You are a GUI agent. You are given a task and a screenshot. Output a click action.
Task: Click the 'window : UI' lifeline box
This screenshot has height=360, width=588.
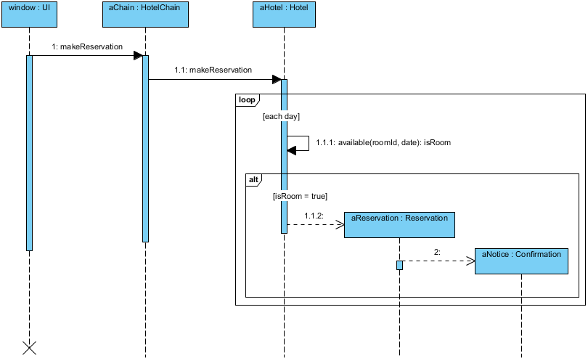tap(29, 15)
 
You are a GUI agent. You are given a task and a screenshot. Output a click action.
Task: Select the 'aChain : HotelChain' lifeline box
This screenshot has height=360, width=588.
tap(144, 15)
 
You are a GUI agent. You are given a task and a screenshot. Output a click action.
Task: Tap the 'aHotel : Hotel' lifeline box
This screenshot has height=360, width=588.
tap(283, 15)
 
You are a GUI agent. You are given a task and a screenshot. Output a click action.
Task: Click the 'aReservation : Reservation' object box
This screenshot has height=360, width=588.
tap(399, 224)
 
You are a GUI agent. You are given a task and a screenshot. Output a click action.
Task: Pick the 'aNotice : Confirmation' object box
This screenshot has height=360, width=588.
tap(521, 261)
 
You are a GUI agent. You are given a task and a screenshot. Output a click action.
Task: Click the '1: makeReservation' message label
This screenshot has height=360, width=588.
tap(87, 47)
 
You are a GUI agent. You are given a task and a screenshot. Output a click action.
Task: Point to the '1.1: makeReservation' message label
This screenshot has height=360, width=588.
tap(213, 70)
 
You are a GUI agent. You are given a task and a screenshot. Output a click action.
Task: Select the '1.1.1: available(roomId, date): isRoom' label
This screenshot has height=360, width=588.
tap(383, 143)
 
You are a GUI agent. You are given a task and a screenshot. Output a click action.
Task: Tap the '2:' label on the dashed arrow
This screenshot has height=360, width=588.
tap(437, 252)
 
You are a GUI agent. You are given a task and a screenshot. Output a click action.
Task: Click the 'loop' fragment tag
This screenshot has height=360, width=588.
tap(246, 100)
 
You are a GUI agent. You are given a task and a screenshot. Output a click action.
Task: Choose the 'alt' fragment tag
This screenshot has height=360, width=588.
tap(253, 179)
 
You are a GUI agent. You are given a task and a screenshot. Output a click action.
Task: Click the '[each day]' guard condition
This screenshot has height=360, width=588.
tap(281, 116)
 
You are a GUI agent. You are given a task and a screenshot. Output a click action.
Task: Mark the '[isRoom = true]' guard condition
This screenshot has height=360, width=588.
tap(300, 196)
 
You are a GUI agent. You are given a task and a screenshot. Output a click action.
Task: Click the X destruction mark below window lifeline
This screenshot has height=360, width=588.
tap(29, 348)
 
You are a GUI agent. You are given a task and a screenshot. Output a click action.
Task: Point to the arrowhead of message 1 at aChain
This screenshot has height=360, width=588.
tap(138, 56)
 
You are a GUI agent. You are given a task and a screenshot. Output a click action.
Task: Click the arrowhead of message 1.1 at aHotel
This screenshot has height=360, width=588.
tap(277, 79)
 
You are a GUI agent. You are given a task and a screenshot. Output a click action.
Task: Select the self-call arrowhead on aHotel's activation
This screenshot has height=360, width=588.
tap(292, 150)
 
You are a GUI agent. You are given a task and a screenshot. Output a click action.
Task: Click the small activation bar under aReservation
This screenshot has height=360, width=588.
tap(399, 265)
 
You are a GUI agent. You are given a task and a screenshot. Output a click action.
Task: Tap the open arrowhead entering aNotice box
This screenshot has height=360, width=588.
tap(470, 261)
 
